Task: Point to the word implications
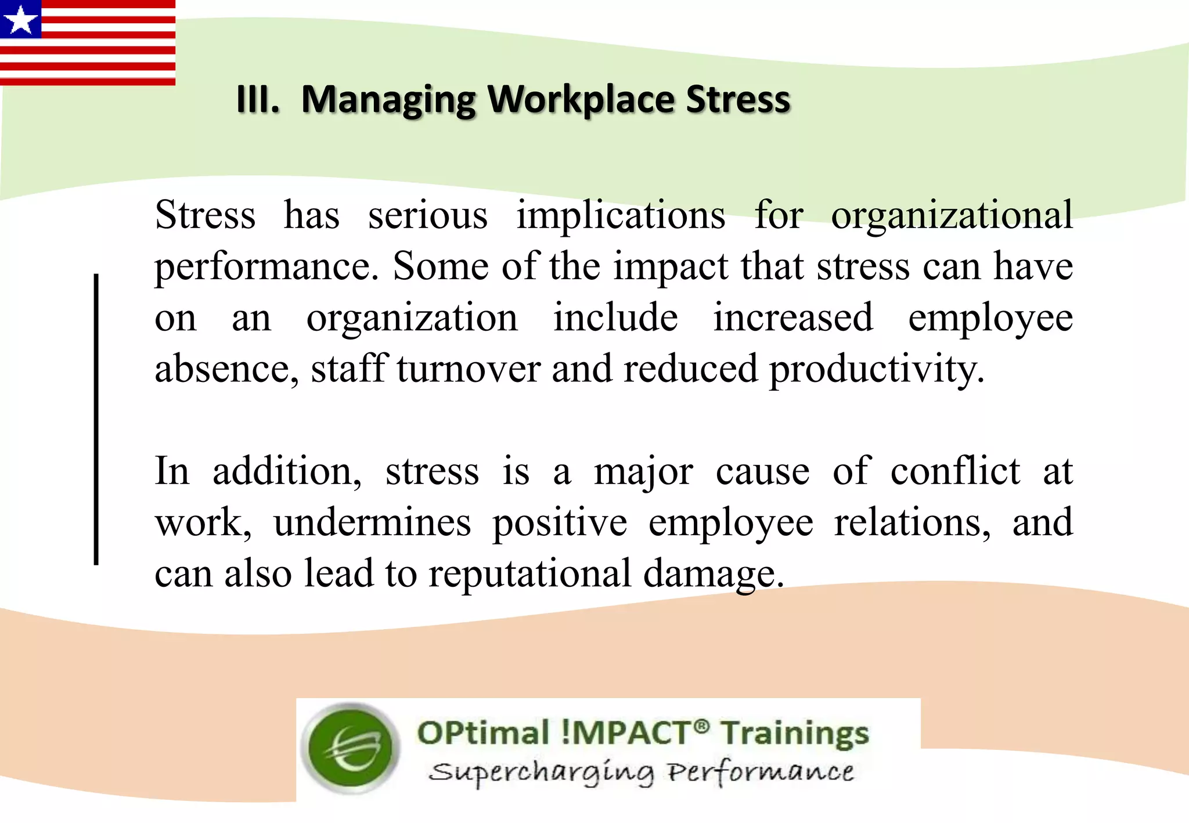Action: click(x=621, y=215)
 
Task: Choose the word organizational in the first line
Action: click(x=952, y=215)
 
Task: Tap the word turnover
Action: click(x=469, y=369)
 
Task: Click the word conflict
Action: click(x=955, y=471)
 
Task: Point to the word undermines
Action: click(x=372, y=522)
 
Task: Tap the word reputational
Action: click(x=529, y=574)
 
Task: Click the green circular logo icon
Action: click(x=352, y=748)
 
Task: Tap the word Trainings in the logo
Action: click(x=795, y=734)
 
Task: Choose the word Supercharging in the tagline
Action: click(x=541, y=773)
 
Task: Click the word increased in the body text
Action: click(x=792, y=318)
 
